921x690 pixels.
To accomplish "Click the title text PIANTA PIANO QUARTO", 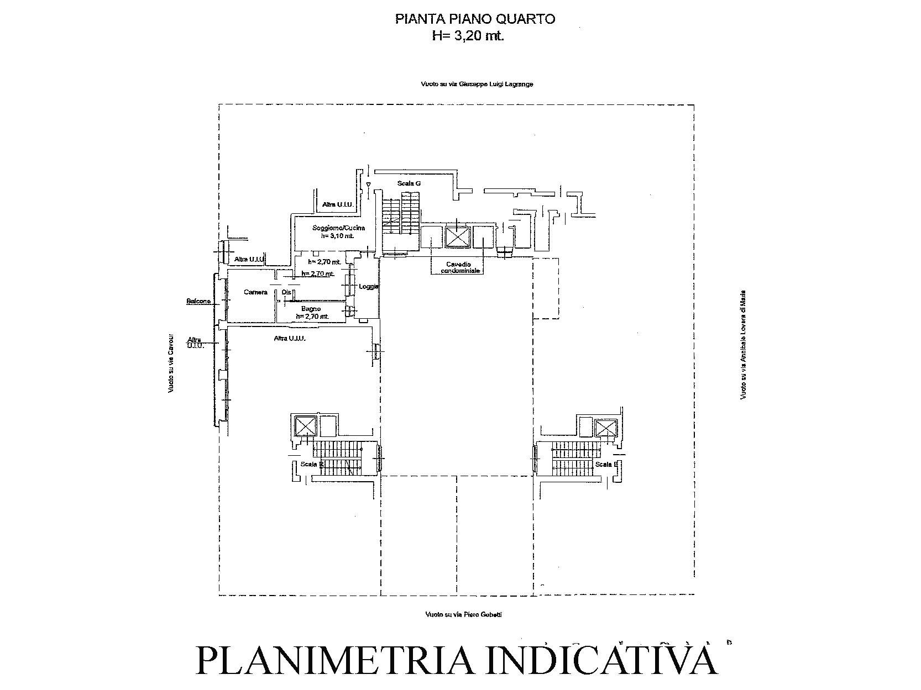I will pos(475,19).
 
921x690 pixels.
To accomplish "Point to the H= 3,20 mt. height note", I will pos(468,36).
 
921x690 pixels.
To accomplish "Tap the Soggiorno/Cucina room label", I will pos(331,228).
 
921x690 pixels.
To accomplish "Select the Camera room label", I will pos(255,292).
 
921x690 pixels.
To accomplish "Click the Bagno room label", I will pos(311,309).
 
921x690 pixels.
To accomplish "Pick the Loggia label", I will pos(369,287).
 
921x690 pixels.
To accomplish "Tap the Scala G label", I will pos(409,183).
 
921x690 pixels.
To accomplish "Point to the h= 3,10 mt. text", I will pos(337,236).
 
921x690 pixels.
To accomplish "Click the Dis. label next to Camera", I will pos(286,292).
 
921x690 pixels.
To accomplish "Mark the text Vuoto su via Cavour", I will pos(171,363).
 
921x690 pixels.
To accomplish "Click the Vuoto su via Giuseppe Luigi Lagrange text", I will pos(477,85).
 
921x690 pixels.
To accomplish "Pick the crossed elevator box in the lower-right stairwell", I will pos(605,428).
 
